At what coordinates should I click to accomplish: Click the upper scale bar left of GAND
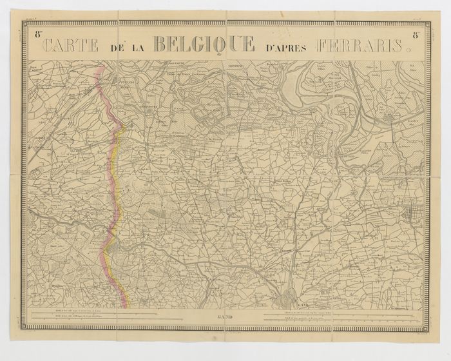click(x=116, y=313)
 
